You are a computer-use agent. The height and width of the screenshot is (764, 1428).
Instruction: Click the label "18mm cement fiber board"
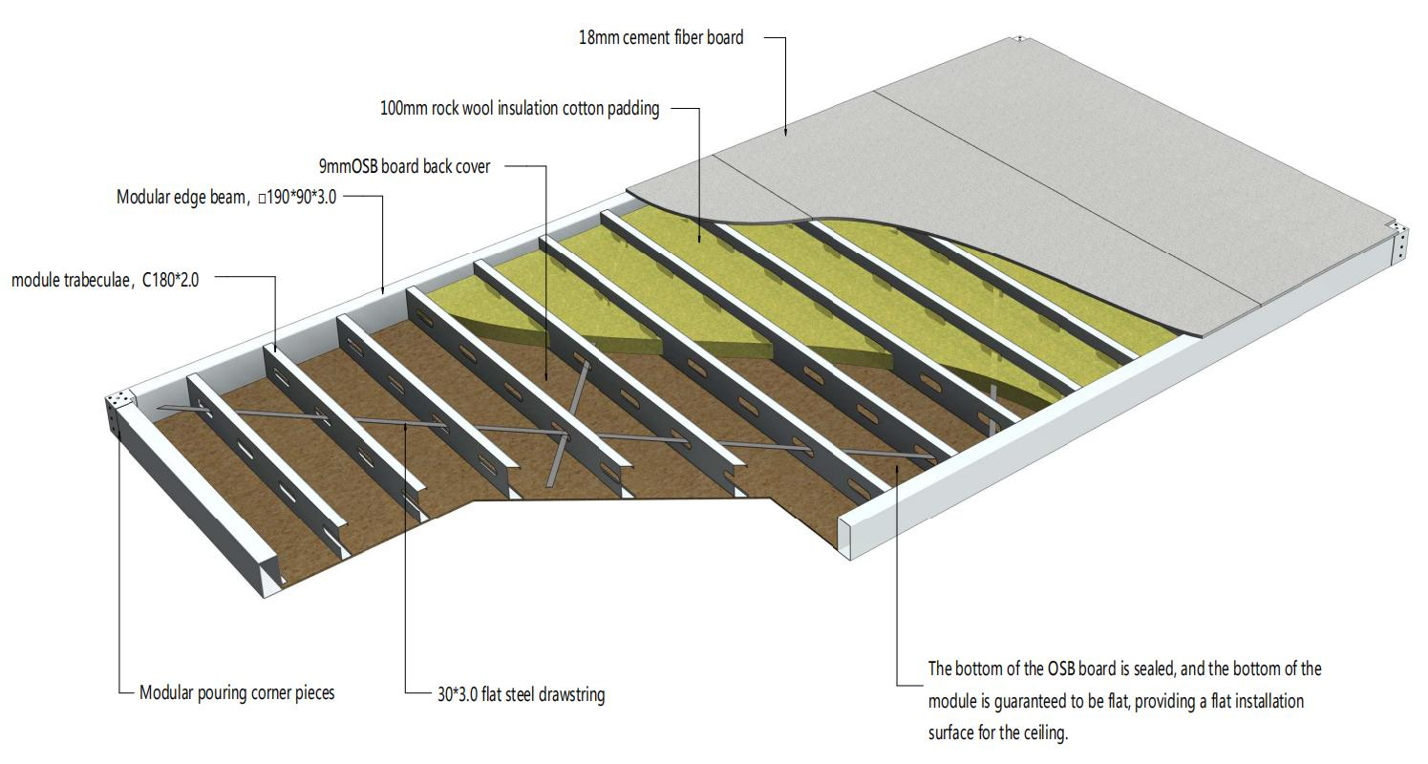660,38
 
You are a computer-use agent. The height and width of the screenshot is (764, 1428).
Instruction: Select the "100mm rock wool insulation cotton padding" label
520,108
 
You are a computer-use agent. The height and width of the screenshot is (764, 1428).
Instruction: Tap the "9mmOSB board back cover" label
404,166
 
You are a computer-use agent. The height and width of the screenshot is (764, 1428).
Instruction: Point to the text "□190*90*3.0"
297,198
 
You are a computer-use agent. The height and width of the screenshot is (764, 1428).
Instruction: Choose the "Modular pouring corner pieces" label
237,692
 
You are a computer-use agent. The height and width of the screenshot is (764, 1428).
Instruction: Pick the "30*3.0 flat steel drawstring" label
521,694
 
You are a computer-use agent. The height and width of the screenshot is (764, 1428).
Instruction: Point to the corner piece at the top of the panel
1019,39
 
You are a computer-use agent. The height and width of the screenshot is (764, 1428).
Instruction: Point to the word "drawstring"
568,694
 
